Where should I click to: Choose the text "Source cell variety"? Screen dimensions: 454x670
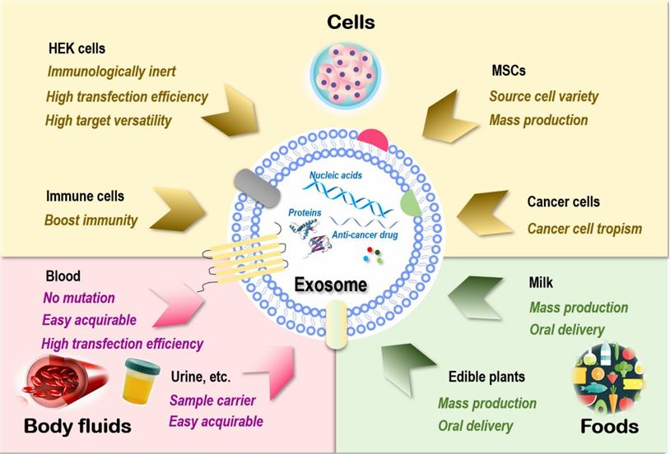pyautogui.click(x=543, y=96)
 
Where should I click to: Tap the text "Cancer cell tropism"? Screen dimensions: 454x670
pyautogui.click(x=584, y=227)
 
